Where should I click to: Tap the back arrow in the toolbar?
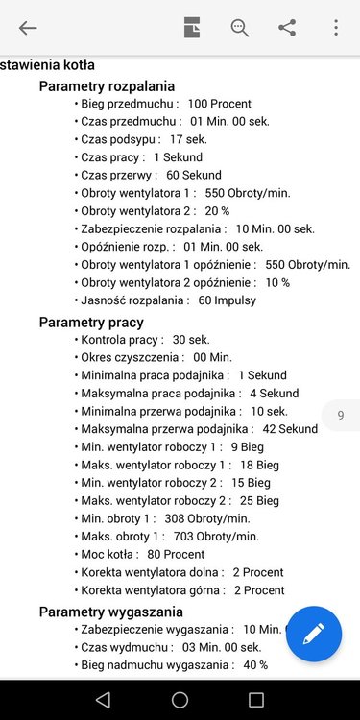(x=28, y=28)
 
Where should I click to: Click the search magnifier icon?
(x=239, y=28)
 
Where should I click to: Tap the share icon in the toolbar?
(x=287, y=28)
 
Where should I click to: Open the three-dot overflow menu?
(x=335, y=28)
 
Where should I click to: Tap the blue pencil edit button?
(x=313, y=634)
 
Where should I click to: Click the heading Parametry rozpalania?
(x=107, y=86)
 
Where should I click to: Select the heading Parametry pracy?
(x=91, y=322)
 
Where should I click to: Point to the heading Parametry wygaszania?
(x=110, y=612)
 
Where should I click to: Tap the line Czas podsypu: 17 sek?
(x=143, y=139)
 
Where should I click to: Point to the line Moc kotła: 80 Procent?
(x=142, y=555)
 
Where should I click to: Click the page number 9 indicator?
(x=340, y=416)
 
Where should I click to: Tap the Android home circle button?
(x=180, y=699)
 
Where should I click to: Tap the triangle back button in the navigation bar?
(x=104, y=699)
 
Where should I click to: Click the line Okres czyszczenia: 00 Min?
(x=143, y=357)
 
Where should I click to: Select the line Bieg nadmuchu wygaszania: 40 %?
(x=174, y=665)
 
